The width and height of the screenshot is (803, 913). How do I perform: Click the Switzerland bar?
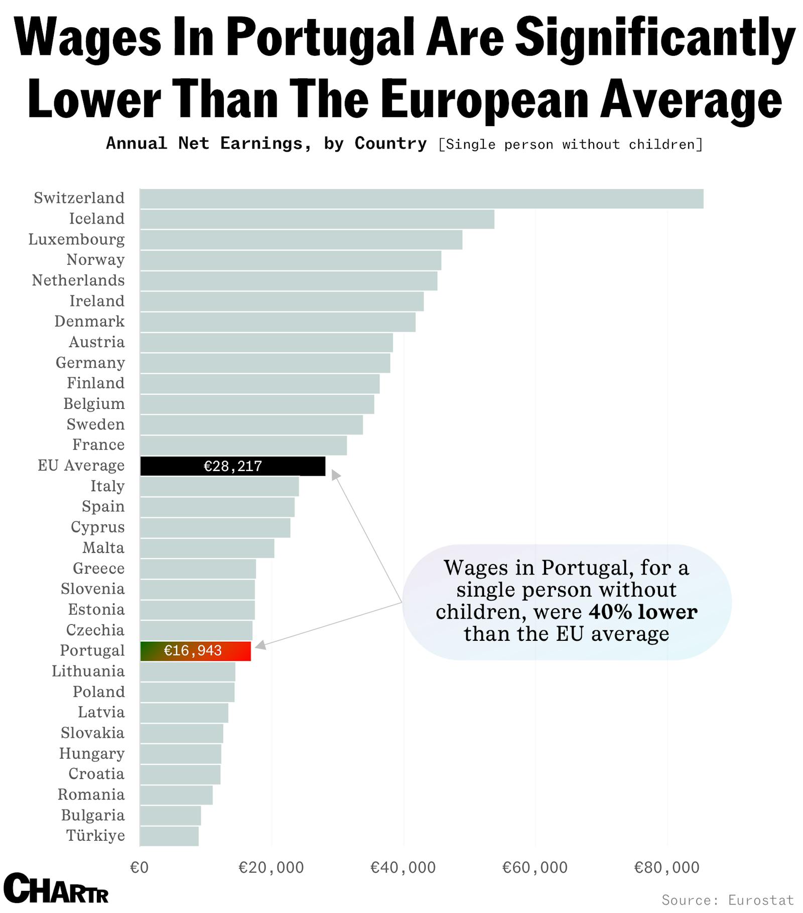pyautogui.click(x=422, y=199)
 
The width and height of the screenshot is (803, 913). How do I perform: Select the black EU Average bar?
pyautogui.click(x=232, y=466)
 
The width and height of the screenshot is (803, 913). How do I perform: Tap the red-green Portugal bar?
pyautogui.click(x=196, y=651)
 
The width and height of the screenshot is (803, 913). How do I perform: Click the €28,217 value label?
pyautogui.click(x=233, y=467)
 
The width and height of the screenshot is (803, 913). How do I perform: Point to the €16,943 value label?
pyautogui.click(x=193, y=651)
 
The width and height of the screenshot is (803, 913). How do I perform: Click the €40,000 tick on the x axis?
pyautogui.click(x=403, y=867)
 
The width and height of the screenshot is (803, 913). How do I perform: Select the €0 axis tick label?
pyautogui.click(x=140, y=867)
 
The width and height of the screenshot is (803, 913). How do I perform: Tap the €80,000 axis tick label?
pyautogui.click(x=666, y=867)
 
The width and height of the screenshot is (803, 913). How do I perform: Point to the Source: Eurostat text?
pyautogui.click(x=728, y=899)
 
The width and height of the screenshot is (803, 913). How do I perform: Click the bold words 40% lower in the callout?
pyautogui.click(x=643, y=612)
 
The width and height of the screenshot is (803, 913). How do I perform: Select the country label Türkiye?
pyautogui.click(x=95, y=836)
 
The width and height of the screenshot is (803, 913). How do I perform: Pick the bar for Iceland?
pyautogui.click(x=317, y=219)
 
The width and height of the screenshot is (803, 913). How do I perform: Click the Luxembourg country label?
pyautogui.click(x=76, y=240)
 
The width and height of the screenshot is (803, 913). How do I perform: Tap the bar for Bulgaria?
pyautogui.click(x=170, y=816)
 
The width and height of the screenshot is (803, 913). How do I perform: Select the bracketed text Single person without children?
pyautogui.click(x=570, y=145)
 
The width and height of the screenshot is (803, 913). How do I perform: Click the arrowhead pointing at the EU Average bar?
pyautogui.click(x=335, y=475)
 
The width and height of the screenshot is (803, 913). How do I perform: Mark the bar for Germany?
pyautogui.click(x=265, y=363)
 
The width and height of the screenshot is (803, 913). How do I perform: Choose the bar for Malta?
pyautogui.click(x=207, y=548)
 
